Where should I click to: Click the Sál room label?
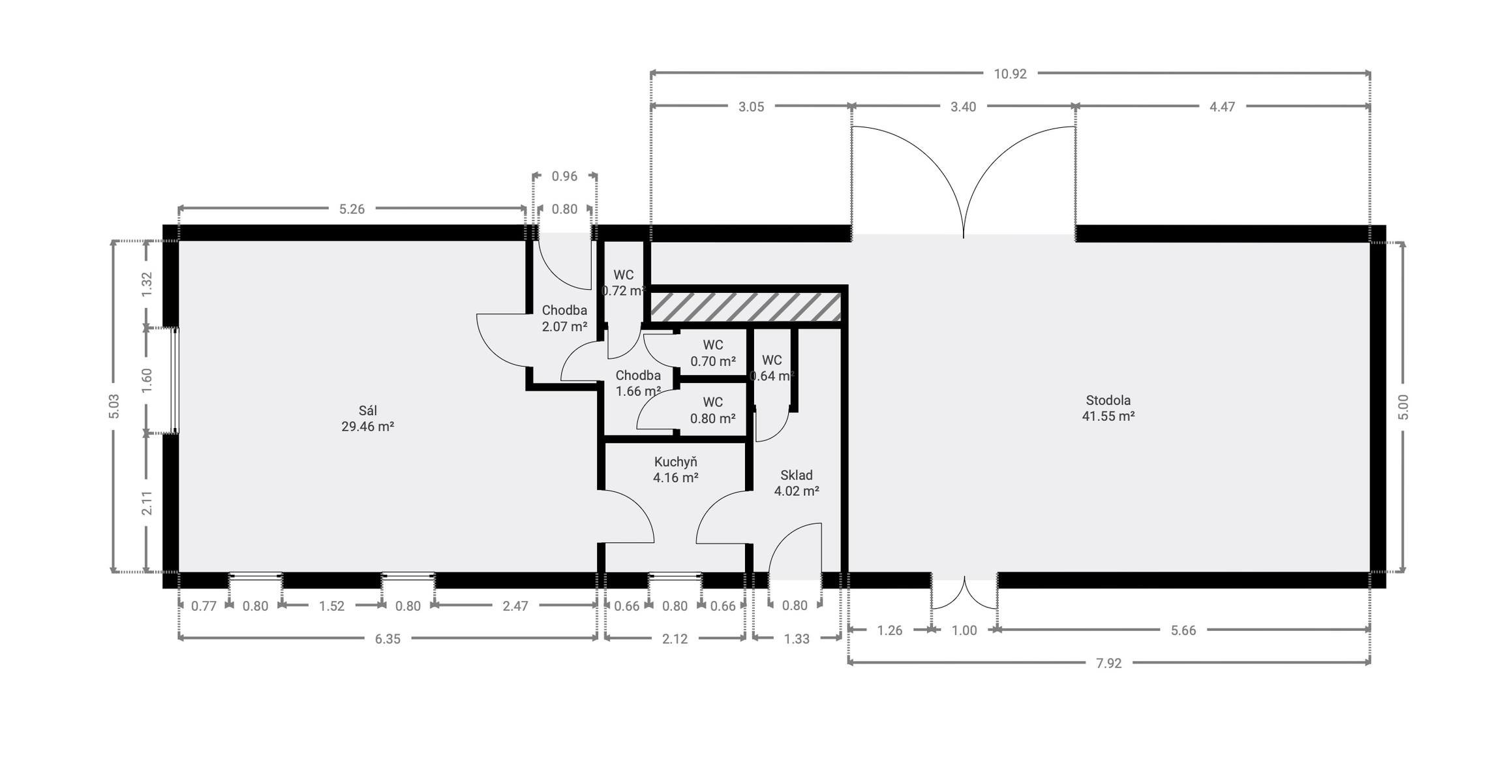coord(368,410)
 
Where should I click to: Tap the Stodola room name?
coord(1108,400)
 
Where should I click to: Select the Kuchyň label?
coord(676,462)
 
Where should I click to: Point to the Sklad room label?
coord(797,475)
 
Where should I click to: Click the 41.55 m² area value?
coord(1108,416)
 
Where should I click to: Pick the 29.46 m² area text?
coord(368,427)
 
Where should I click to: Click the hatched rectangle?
coord(746,307)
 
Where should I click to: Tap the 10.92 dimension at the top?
coord(1010,74)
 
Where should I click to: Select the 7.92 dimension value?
coord(1109,664)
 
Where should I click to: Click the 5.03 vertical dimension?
coord(114,406)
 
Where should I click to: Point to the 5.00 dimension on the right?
coord(1404,407)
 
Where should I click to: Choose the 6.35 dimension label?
coord(388,639)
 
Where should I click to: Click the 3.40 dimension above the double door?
coord(963,106)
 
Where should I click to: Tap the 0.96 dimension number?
coord(564,176)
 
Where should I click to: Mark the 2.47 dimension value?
coord(515,606)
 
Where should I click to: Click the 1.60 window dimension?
coord(147,380)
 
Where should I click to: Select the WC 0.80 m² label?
coord(713,410)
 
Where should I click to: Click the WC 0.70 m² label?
coord(713,353)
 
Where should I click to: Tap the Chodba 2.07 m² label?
coord(564,318)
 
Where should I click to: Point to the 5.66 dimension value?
coord(1183,630)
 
